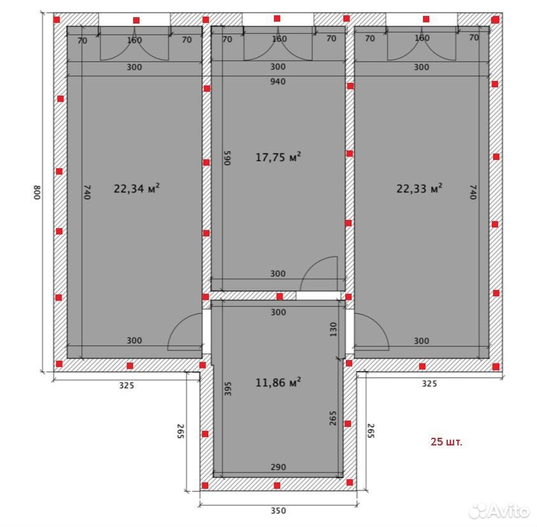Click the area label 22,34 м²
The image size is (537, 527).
[x=136, y=188]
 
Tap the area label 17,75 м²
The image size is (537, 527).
[x=278, y=157]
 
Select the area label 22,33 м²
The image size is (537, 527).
[x=419, y=188]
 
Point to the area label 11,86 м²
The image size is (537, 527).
[x=278, y=382]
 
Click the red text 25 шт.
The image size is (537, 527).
[x=447, y=442]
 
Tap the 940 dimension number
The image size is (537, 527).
[x=278, y=81]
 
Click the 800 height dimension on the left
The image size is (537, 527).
[x=37, y=192]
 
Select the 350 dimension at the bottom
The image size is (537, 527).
[x=278, y=510]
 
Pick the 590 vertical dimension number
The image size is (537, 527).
[x=227, y=157]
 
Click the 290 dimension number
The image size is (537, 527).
[x=278, y=466]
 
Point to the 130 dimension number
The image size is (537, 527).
[x=333, y=329]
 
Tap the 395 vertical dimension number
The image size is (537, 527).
[x=228, y=389]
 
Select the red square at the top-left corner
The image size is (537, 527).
[x=57, y=20]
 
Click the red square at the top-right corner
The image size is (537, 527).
[x=495, y=20]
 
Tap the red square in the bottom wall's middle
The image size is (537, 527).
[x=277, y=485]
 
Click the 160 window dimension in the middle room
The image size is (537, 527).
[x=279, y=39]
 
